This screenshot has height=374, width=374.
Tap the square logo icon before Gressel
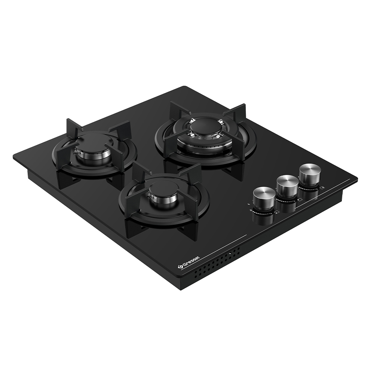coord(180,268)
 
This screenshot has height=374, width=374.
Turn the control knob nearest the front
coord(264,198)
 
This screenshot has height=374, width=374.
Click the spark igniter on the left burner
coord(76,152)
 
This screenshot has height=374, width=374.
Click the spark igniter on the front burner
coord(148,196)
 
